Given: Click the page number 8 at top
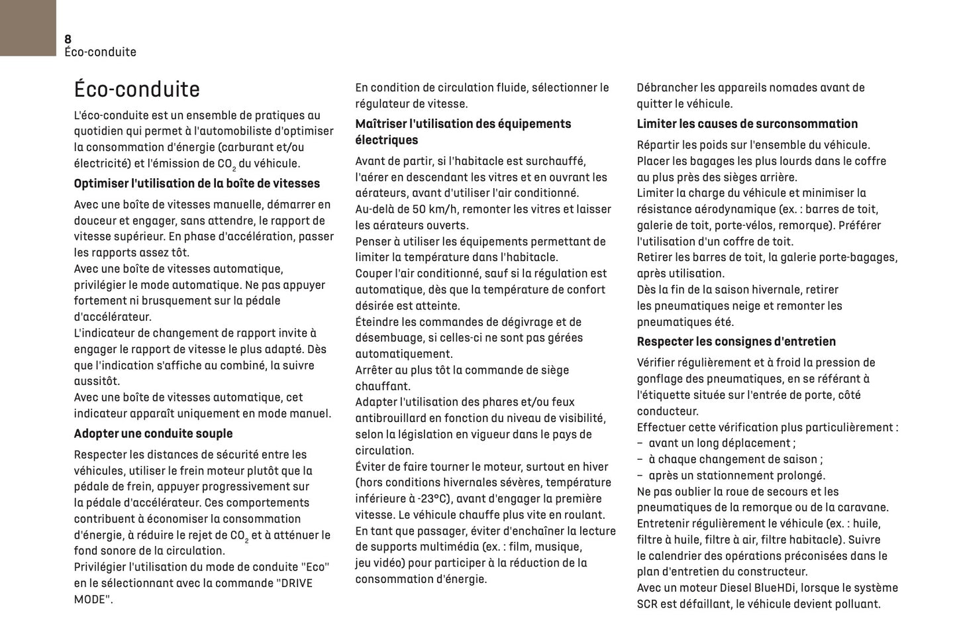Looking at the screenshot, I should [x=68, y=39].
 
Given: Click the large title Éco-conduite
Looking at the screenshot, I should [x=136, y=89].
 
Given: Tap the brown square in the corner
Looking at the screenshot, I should [x=28, y=28].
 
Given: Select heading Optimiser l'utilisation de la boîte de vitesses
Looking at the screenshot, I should [x=197, y=184].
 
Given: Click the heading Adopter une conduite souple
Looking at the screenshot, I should [x=153, y=433].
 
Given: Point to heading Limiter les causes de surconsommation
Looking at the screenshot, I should [x=747, y=124].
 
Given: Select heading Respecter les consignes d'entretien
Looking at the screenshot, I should [x=736, y=341].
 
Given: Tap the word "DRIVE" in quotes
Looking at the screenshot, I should [x=293, y=583].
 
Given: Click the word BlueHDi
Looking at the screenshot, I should [x=782, y=588].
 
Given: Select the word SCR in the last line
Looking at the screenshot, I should [x=648, y=604].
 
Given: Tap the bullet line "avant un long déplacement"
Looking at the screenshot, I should [x=721, y=443].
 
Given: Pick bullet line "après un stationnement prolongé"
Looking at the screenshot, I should [x=736, y=476].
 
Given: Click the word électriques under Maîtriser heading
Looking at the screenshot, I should [x=386, y=140].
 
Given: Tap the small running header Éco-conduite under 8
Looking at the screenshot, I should [x=100, y=52].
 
